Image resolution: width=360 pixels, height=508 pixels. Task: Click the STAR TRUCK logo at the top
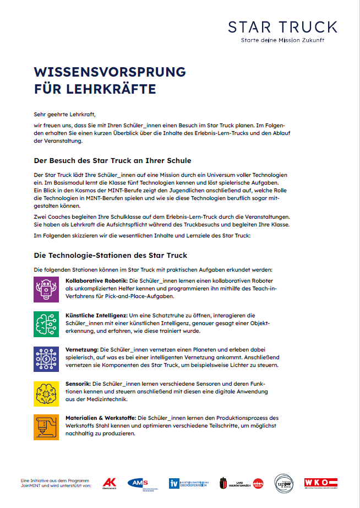(x=282, y=26)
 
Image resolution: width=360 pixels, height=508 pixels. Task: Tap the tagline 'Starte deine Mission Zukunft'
(x=282, y=41)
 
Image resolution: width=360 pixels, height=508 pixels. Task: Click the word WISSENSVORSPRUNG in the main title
(x=110, y=72)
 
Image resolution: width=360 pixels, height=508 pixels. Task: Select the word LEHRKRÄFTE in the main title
(x=119, y=89)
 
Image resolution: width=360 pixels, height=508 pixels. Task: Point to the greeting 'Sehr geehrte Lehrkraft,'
(x=64, y=115)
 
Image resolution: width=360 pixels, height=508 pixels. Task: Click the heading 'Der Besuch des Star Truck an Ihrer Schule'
(x=112, y=160)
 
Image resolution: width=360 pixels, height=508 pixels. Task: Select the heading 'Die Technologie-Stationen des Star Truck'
(x=110, y=255)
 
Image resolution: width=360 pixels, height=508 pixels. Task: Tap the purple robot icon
(x=46, y=289)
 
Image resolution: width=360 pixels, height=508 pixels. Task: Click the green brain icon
(x=46, y=324)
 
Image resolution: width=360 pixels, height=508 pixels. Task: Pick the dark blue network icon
(x=46, y=359)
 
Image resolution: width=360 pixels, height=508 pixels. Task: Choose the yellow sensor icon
(x=46, y=393)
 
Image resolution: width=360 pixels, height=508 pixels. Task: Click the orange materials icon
(x=46, y=428)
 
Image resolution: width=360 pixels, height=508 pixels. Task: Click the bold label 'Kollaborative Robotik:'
(x=96, y=280)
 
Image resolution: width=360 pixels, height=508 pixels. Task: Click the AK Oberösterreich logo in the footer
(x=109, y=483)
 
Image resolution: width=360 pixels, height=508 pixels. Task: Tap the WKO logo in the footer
(x=320, y=483)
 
